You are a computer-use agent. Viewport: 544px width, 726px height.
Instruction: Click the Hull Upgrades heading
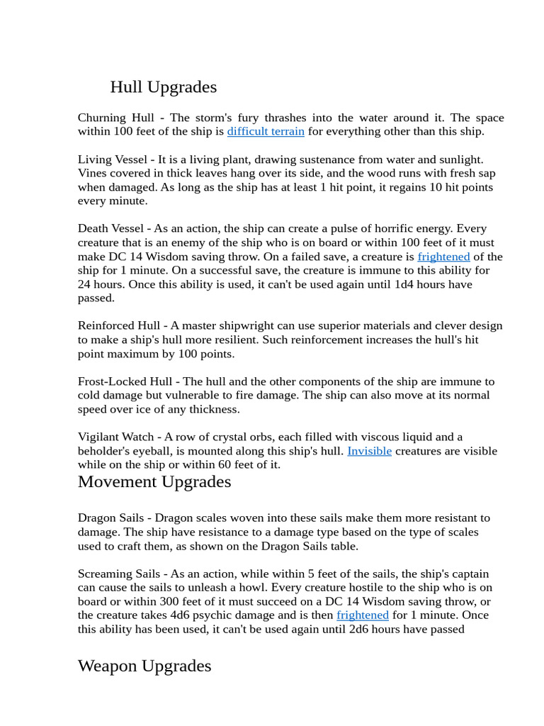point(163,87)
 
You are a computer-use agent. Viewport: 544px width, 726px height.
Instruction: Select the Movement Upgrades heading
point(154,482)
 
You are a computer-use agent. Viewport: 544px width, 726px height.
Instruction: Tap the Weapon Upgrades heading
point(144,666)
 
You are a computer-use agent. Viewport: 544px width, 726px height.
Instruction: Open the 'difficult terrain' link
point(266,132)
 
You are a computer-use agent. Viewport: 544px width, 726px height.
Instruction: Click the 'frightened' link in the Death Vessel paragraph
point(443,257)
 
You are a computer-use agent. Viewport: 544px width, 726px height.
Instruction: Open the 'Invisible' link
point(369,451)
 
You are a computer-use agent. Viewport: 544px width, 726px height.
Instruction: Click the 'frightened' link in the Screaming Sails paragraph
point(363,615)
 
